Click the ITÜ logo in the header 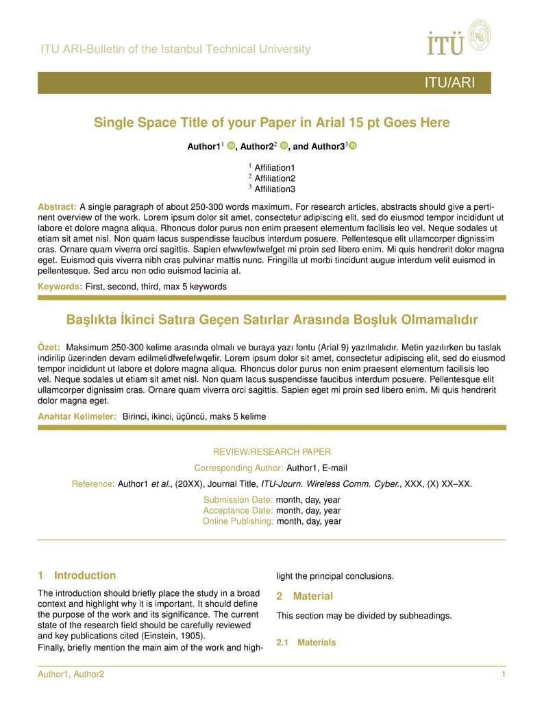click(458, 37)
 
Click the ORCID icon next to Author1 click(231, 146)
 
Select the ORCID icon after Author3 click(353, 146)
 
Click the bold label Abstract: click(58, 206)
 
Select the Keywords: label click(60, 287)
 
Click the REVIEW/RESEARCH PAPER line click(272, 452)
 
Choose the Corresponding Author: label click(238, 468)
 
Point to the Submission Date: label click(238, 500)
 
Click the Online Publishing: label click(238, 521)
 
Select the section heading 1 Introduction click(77, 575)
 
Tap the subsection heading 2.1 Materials click(306, 643)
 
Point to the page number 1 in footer click(504, 675)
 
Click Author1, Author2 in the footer click(71, 675)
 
